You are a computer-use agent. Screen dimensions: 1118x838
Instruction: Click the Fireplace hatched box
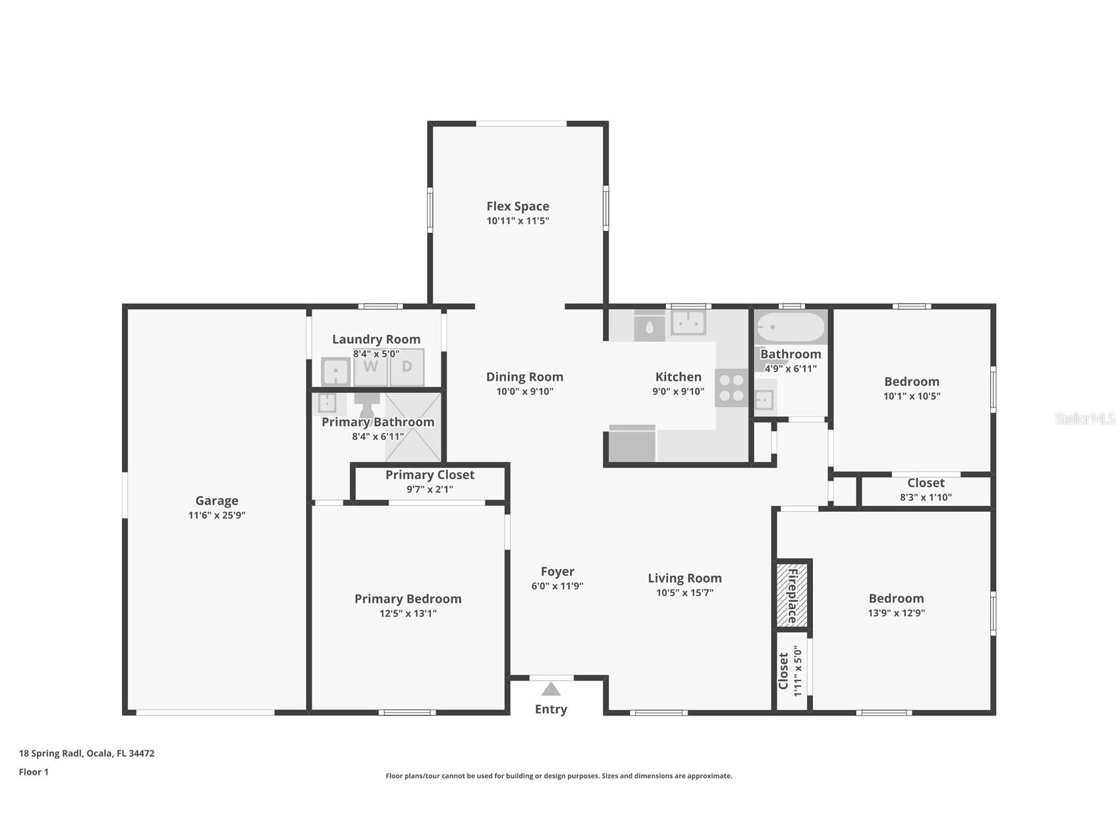pos(791,595)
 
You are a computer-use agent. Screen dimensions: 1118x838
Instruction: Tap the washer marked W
pos(371,367)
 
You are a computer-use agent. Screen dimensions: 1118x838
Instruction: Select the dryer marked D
pos(407,367)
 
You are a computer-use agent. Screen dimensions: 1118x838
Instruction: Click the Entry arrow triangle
pos(551,689)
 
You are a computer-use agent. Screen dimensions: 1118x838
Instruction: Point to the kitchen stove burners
pos(731,387)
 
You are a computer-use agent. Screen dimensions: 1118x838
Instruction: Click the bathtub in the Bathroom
pos(790,327)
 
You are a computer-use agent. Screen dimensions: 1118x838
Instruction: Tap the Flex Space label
pos(518,206)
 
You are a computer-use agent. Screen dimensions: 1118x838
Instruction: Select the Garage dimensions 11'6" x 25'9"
pos(217,515)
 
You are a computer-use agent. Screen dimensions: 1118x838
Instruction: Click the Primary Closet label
pos(430,475)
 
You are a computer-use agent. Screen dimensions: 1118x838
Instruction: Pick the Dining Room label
pos(524,377)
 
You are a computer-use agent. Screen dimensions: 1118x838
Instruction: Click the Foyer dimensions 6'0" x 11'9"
pos(557,586)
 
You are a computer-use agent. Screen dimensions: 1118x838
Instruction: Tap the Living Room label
pos(685,578)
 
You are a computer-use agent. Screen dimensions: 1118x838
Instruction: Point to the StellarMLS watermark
pos(1085,418)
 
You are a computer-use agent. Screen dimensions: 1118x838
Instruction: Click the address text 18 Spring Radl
pos(51,753)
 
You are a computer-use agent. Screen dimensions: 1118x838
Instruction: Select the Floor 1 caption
pos(34,772)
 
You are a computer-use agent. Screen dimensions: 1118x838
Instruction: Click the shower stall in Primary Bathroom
pos(412,426)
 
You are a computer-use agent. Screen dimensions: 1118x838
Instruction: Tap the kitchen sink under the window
pos(688,323)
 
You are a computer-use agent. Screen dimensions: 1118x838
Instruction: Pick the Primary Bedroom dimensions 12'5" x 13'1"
pos(408,613)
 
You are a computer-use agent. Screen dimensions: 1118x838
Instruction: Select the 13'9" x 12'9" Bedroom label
pos(896,605)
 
